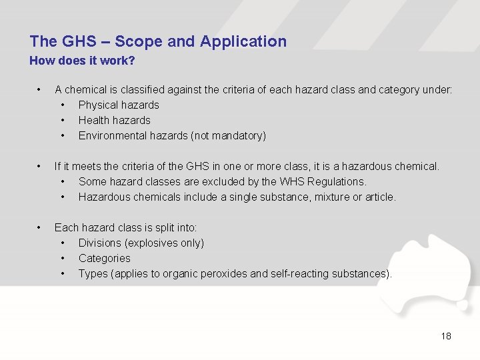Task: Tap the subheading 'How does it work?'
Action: coord(82,61)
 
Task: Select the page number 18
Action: coord(446,336)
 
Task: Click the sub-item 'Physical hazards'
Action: coord(119,105)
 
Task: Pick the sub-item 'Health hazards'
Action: coord(114,120)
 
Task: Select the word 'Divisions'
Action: coord(100,243)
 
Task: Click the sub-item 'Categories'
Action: coord(104,258)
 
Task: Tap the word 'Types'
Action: coord(93,273)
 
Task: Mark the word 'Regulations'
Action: coord(336,181)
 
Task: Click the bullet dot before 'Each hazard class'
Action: coord(40,227)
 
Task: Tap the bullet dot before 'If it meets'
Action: coord(40,166)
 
